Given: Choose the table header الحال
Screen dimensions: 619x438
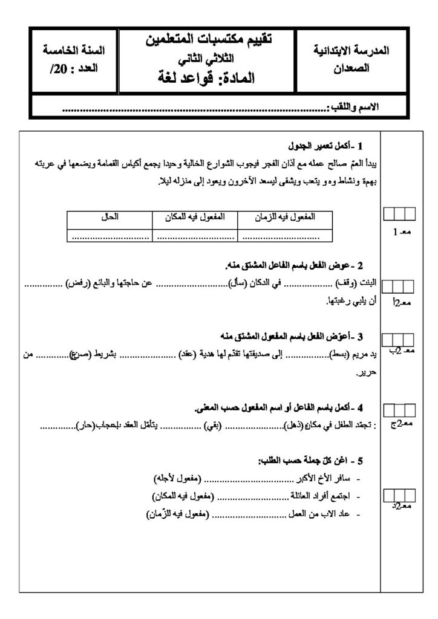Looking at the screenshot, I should [x=109, y=216].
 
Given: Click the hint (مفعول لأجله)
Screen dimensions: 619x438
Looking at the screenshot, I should [x=178, y=479].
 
